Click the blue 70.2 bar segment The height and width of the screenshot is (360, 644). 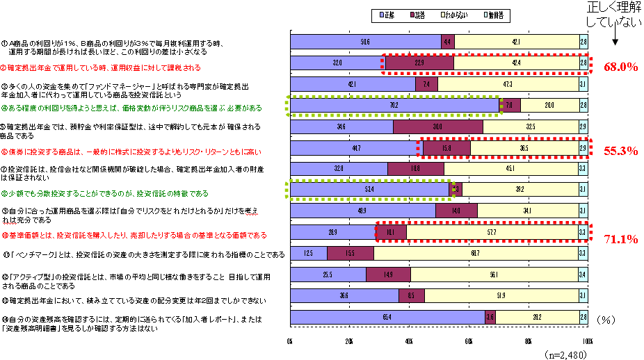pyautogui.click(x=394, y=106)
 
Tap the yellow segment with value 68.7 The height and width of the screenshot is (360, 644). pyautogui.click(x=475, y=254)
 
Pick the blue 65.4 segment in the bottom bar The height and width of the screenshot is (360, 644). pyautogui.click(x=387, y=317)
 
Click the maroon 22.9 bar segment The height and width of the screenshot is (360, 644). pyautogui.click(x=419, y=63)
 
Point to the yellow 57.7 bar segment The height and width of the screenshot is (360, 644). pyautogui.click(x=492, y=232)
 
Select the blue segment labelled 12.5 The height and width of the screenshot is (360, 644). pyautogui.click(x=308, y=254)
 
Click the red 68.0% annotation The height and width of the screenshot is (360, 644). pyautogui.click(x=621, y=67)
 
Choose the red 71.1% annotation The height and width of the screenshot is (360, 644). pyautogui.click(x=621, y=239)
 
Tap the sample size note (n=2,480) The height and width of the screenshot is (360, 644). pyautogui.click(x=564, y=353)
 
